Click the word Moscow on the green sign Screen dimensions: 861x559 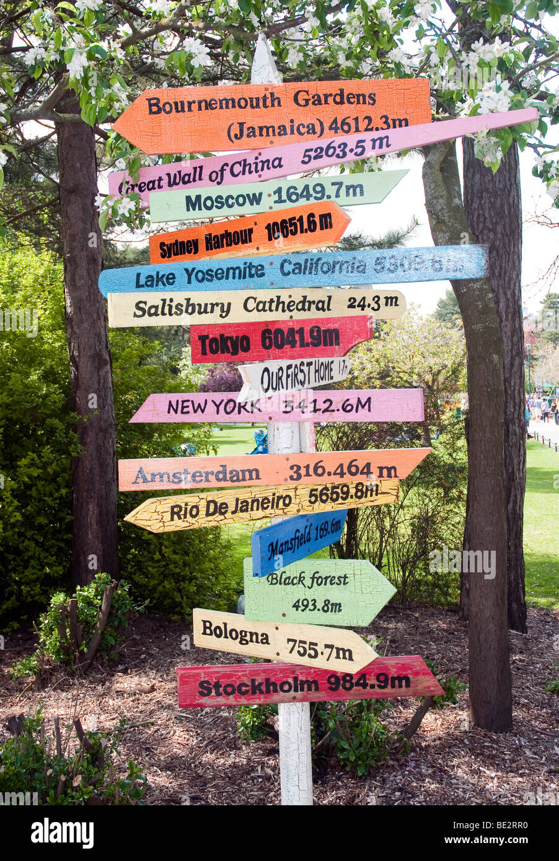coord(224,199)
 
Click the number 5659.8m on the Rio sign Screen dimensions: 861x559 coord(343,494)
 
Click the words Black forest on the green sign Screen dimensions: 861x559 coord(308,580)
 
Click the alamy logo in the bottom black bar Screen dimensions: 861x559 coord(62,833)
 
